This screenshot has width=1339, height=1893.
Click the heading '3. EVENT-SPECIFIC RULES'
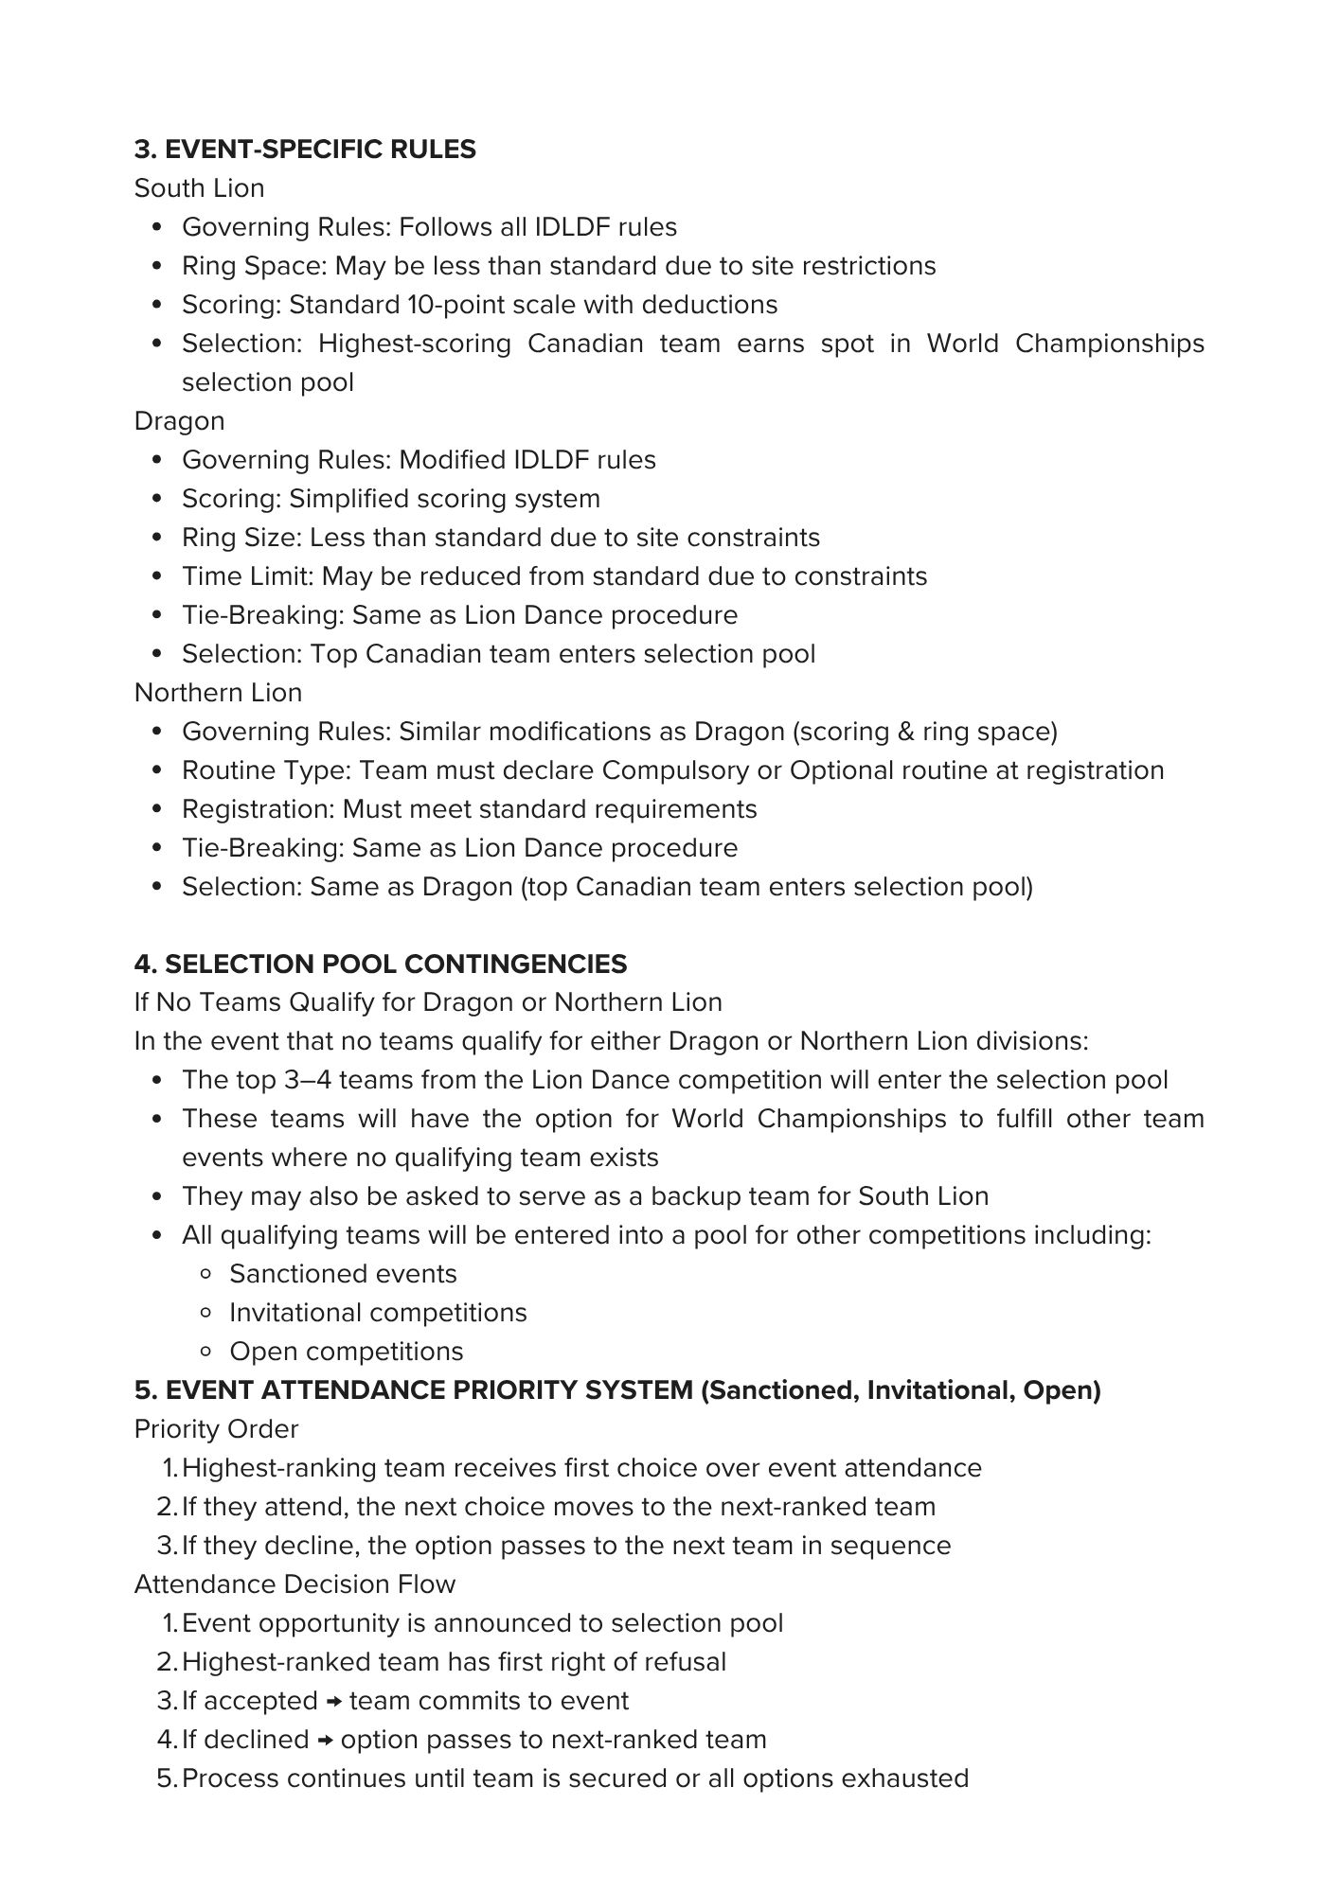click(305, 150)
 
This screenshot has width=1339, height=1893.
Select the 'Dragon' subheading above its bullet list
click(179, 421)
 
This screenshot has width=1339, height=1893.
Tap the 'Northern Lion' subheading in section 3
click(218, 693)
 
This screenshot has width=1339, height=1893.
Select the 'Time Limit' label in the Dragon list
click(247, 576)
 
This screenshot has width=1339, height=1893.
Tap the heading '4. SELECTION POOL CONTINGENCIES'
click(381, 964)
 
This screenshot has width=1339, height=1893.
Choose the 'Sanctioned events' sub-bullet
click(343, 1275)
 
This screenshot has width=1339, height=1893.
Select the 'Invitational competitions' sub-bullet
click(378, 1314)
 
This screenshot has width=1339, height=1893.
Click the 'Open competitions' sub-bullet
click(346, 1353)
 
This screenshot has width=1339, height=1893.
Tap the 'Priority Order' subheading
click(216, 1430)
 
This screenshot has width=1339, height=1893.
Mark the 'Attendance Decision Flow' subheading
click(295, 1585)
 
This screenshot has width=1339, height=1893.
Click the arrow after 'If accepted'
click(333, 1702)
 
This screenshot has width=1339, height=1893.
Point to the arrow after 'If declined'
click(325, 1741)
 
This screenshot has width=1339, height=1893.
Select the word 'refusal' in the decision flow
click(685, 1663)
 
